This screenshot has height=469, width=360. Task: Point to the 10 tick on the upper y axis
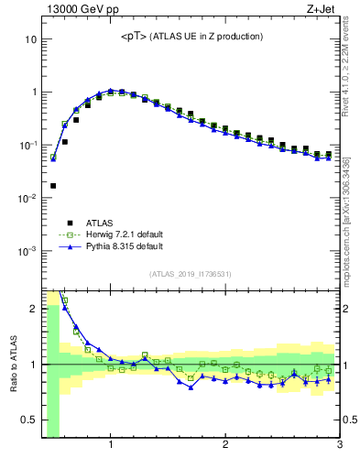[31, 39]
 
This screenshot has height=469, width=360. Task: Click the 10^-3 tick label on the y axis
[27, 250]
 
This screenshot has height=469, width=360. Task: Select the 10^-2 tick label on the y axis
[27, 198]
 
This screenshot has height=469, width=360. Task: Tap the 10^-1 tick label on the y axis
[27, 145]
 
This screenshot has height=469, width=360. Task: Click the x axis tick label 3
[339, 446]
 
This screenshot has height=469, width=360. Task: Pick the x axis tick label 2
[225, 446]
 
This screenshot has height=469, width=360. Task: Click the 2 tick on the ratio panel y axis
[33, 308]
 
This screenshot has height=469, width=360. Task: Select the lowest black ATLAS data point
[53, 185]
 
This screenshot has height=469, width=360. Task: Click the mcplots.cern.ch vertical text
[351, 220]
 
